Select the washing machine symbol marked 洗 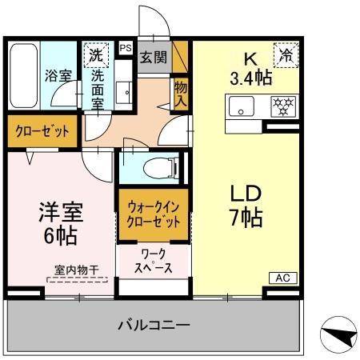click(95, 56)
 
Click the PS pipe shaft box click(125, 49)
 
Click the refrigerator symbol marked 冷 click(285, 55)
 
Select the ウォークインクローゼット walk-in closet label click(154, 214)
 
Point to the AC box click(282, 278)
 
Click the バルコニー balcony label click(154, 325)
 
